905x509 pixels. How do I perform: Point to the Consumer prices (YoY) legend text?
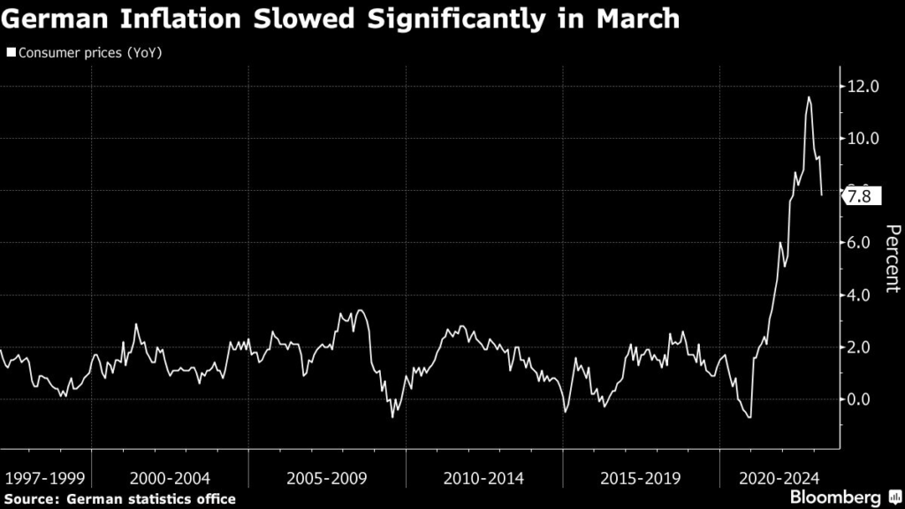pyautogui.click(x=88, y=53)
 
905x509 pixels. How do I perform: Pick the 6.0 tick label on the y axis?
pyautogui.click(x=863, y=243)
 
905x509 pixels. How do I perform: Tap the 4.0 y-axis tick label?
pyautogui.click(x=863, y=295)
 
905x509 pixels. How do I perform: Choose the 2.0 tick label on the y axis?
pyautogui.click(x=863, y=347)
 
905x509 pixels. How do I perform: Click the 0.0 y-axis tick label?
pyautogui.click(x=863, y=399)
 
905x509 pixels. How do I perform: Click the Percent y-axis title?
pyautogui.click(x=892, y=259)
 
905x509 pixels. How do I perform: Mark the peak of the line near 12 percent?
pyautogui.click(x=809, y=97)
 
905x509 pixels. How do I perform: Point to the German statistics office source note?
pyautogui.click(x=119, y=499)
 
